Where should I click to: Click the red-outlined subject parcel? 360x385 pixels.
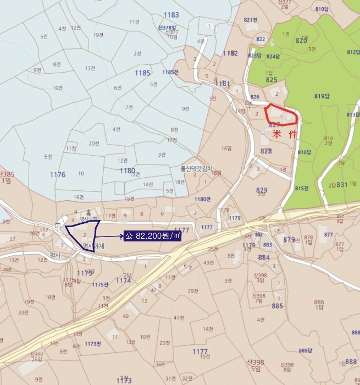click(281, 114)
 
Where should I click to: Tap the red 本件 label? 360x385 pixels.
click(284, 134)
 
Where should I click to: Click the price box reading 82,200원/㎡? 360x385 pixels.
click(152, 235)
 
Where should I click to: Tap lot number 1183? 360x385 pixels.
click(171, 15)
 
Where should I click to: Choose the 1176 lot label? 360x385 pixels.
click(58, 174)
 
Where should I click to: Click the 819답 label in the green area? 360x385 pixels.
click(322, 96)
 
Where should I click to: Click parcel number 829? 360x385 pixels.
click(262, 190)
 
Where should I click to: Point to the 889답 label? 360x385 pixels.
click(305, 350)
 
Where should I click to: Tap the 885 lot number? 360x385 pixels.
click(277, 306)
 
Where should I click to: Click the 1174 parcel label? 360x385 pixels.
click(124, 280)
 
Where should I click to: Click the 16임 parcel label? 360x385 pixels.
click(227, 148)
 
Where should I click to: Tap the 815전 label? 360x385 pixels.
click(300, 189)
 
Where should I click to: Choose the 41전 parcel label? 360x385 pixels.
click(178, 318)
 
